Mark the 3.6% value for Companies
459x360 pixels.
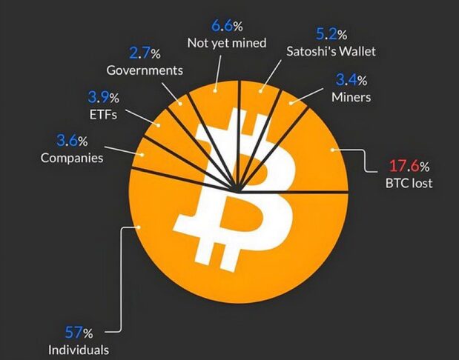coord(72,141)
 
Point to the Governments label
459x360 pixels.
coord(144,71)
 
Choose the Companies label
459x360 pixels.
coord(71,157)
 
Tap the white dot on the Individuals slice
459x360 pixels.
coord(139,227)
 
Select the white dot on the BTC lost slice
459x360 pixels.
coord(331,150)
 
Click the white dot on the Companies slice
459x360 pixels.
coord(143,155)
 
